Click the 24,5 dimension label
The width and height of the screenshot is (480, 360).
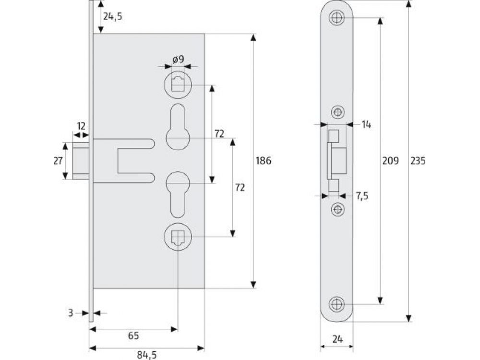click(112, 16)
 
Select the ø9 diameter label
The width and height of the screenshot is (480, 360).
click(179, 59)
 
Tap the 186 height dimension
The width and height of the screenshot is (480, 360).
click(263, 161)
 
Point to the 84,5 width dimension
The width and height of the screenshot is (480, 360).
click(146, 355)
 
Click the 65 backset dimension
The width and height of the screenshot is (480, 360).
click(133, 336)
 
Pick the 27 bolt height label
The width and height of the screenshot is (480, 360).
click(58, 161)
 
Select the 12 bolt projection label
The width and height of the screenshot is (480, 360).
click(81, 126)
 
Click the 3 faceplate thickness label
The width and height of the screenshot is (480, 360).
click(71, 313)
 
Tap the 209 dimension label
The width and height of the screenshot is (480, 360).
click(391, 161)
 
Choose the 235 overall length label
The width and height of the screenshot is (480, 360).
click(418, 161)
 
